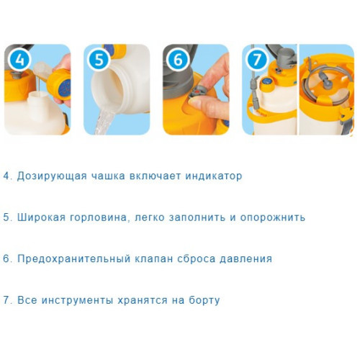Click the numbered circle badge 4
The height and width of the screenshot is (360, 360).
coord(19,60)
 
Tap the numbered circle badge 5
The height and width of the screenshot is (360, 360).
coord(99,60)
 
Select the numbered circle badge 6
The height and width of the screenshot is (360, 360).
coord(178,60)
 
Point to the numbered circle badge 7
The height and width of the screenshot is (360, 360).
coord(257,60)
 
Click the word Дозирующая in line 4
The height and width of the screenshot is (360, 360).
coord(52,176)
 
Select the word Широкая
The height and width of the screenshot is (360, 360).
coord(41,217)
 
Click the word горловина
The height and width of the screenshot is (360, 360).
coord(100,218)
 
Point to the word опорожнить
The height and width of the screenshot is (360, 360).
coord(273,218)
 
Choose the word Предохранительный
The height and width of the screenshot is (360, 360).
coord(73,259)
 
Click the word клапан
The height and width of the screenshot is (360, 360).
coord(154,259)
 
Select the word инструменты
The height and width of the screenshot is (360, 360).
coord(77,301)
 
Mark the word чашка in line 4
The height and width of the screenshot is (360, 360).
coord(108,176)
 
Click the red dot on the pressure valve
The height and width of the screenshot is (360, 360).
coord(197,92)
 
